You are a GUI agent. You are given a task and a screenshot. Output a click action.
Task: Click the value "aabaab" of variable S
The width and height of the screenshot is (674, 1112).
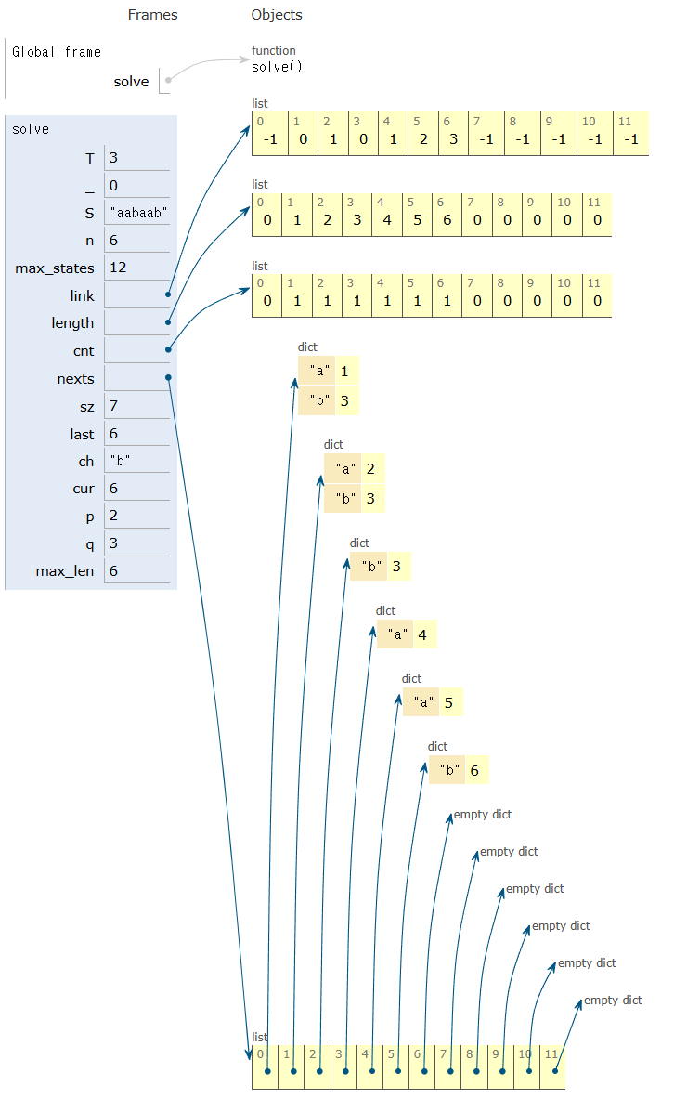click(x=137, y=214)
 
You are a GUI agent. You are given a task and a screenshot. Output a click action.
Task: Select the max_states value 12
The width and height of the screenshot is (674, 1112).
click(x=118, y=268)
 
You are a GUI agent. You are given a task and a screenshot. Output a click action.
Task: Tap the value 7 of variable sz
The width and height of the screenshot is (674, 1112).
click(x=113, y=406)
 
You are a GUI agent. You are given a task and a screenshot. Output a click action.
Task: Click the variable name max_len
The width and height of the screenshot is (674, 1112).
click(x=65, y=571)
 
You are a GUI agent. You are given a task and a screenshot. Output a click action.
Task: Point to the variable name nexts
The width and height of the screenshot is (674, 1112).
click(x=75, y=379)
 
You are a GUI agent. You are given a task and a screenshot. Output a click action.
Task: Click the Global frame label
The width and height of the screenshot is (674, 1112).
click(x=57, y=52)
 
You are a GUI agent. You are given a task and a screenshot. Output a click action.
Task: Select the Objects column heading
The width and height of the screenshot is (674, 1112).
click(x=277, y=15)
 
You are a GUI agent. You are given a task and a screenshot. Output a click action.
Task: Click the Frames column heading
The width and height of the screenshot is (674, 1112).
click(x=152, y=15)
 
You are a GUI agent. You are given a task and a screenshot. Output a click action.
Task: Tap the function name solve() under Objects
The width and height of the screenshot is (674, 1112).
click(x=277, y=67)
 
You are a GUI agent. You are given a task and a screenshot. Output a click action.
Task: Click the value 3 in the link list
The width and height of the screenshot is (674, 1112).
click(x=454, y=139)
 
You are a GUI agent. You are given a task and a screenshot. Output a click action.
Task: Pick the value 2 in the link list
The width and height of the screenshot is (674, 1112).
click(x=422, y=139)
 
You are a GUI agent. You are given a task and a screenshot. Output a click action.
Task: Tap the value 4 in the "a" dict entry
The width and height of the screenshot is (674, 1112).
click(x=422, y=635)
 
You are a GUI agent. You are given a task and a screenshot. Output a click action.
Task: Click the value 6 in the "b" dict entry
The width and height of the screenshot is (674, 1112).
click(x=474, y=771)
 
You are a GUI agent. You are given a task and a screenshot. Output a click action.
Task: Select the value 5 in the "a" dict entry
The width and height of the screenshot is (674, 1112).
click(x=448, y=703)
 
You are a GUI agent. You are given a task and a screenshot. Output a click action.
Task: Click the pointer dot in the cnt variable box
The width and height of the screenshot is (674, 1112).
click(x=168, y=349)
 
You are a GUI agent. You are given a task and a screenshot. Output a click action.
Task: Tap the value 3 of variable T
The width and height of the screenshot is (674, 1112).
click(x=113, y=158)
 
